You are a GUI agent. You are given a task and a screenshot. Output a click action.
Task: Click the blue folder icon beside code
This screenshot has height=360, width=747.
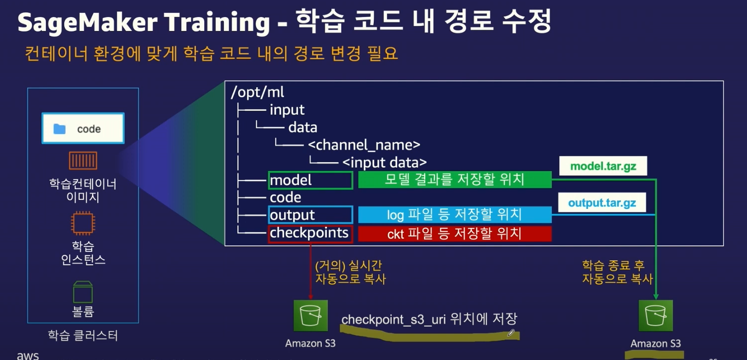tap(60, 129)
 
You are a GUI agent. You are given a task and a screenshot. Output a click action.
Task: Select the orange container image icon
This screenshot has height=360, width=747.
tap(83, 161)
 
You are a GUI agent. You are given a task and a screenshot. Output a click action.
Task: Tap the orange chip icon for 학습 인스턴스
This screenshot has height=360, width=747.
tap(83, 223)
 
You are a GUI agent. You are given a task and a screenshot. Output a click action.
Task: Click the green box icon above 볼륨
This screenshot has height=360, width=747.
tap(83, 292)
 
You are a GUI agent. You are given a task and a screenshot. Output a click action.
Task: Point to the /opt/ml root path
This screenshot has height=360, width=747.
tap(258, 92)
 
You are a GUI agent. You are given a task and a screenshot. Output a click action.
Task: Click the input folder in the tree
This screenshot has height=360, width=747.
tap(287, 110)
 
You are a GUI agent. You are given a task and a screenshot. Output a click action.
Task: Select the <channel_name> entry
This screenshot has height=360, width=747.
tap(364, 145)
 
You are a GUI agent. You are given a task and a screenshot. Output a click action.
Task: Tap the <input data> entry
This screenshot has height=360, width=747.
tap(384, 162)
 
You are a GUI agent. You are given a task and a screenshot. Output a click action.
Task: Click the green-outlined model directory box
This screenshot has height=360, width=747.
tap(310, 180)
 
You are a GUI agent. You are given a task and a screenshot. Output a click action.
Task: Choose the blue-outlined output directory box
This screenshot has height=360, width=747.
tap(310, 215)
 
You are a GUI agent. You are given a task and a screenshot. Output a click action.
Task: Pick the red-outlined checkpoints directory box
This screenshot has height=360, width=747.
tap(310, 233)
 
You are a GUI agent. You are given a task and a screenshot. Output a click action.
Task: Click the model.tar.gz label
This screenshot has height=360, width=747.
tap(603, 166)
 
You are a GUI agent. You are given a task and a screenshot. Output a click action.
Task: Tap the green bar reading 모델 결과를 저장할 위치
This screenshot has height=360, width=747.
tap(454, 180)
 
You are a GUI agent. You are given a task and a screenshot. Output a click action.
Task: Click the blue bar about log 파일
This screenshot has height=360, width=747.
tap(454, 215)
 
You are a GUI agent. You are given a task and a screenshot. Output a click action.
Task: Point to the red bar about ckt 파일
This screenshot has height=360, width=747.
tap(454, 233)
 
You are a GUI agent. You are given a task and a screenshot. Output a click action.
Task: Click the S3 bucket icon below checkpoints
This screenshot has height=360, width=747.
tap(310, 315)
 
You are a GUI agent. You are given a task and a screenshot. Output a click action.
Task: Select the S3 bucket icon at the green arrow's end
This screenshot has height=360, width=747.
tap(655, 315)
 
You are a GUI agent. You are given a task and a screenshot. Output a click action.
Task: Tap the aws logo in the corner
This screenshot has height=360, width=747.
tap(28, 355)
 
